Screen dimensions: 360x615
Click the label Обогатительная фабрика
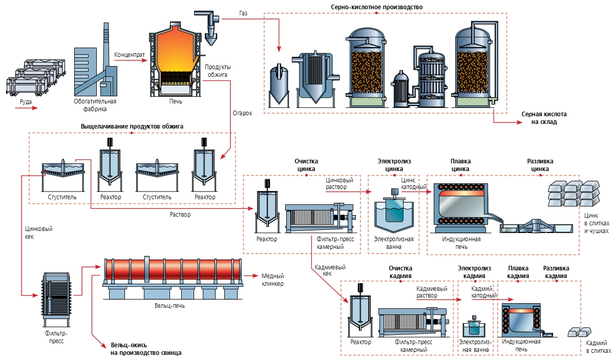[x=95, y=104]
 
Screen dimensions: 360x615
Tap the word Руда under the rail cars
[x=26, y=101]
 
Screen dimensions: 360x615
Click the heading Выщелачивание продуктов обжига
[x=132, y=126]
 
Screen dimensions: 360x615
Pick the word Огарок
[x=243, y=113]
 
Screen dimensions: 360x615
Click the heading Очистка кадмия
[x=400, y=272]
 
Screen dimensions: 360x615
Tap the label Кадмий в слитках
[x=598, y=346]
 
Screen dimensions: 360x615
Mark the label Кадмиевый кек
[x=330, y=270]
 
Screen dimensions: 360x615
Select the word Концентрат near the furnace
[x=130, y=54]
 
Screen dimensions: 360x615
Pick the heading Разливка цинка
[x=540, y=165]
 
